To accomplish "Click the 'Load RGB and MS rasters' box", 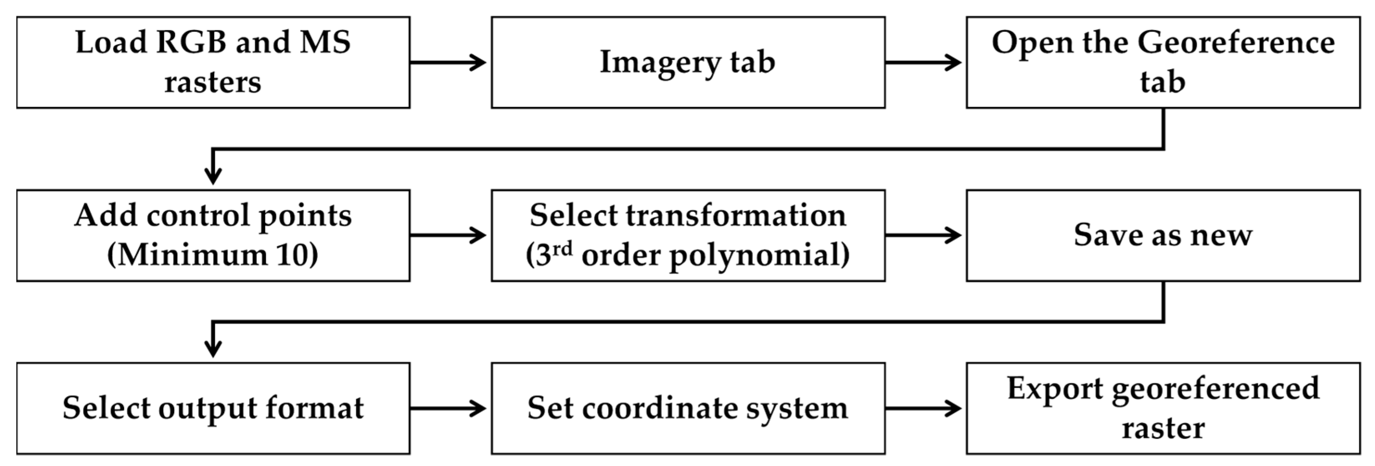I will tap(213, 63).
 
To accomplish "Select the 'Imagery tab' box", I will tap(687, 63).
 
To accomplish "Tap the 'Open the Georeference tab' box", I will tap(1163, 63).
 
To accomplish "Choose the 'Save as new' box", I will tap(1163, 235).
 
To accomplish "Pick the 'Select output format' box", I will tap(213, 408).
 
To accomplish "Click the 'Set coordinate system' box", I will tap(687, 408).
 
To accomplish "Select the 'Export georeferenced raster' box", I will tap(1163, 408).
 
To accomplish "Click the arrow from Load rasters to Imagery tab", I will tap(448, 63).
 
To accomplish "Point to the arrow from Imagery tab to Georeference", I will tap(923, 63).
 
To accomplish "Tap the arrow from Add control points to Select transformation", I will tap(448, 235).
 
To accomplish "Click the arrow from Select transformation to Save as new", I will tap(923, 235).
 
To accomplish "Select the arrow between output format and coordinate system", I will tap(448, 408).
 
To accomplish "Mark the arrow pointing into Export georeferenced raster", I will tap(923, 408).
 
